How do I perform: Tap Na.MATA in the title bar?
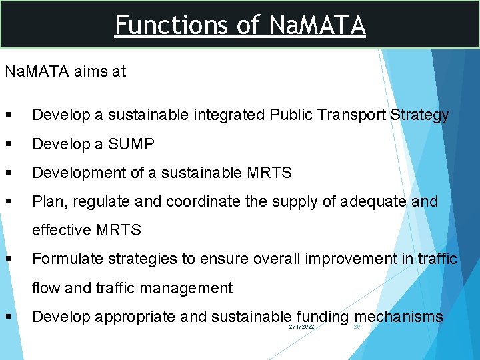[317, 25]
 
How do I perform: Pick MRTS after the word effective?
[119, 230]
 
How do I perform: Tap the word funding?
[323, 316]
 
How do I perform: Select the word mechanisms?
[399, 316]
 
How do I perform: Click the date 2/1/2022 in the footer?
[302, 327]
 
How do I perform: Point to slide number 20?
[357, 327]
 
